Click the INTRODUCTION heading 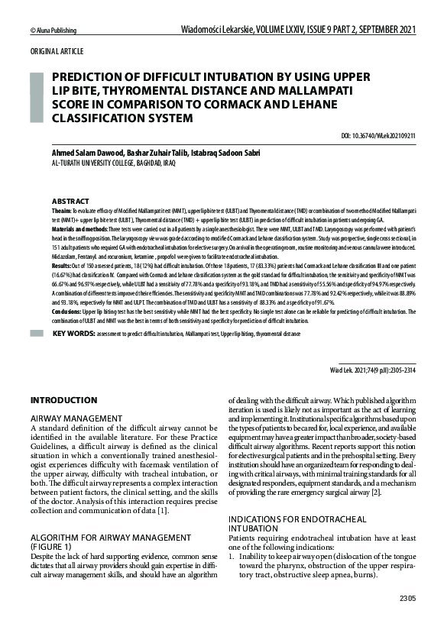pos(63,400)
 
